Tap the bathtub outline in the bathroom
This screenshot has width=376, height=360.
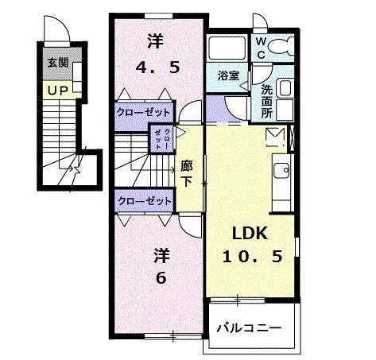229,50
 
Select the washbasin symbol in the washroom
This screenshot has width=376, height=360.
285,90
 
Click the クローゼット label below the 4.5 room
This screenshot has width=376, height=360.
142,112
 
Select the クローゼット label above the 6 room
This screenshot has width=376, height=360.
142,201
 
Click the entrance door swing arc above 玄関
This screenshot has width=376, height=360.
56,31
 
